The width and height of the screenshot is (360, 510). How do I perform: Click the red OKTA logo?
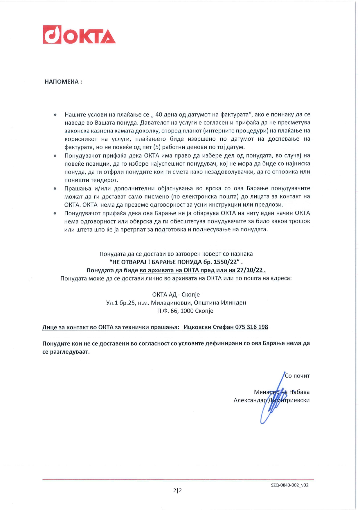coord(79,35)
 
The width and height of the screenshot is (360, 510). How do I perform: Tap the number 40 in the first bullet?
coord(159,114)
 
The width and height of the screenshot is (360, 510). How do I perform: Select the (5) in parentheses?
coord(157,147)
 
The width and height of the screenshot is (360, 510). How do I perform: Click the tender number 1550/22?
coord(225,262)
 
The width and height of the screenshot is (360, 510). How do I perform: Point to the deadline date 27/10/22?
coord(250,270)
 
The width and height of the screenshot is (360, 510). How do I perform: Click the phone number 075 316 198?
coord(251,327)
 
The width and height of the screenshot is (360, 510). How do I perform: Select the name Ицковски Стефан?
coord(208,327)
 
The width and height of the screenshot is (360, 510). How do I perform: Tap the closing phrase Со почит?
coord(297,376)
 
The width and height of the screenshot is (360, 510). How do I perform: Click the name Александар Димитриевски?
coord(271,400)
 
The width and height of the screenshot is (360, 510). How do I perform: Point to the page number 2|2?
coord(177,491)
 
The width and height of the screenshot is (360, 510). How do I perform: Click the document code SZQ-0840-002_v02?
coord(289,485)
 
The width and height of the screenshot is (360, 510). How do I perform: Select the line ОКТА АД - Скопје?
coord(176,294)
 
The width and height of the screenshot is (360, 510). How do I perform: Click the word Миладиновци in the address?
coord(171,303)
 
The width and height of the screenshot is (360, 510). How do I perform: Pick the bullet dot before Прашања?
coord(55,189)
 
